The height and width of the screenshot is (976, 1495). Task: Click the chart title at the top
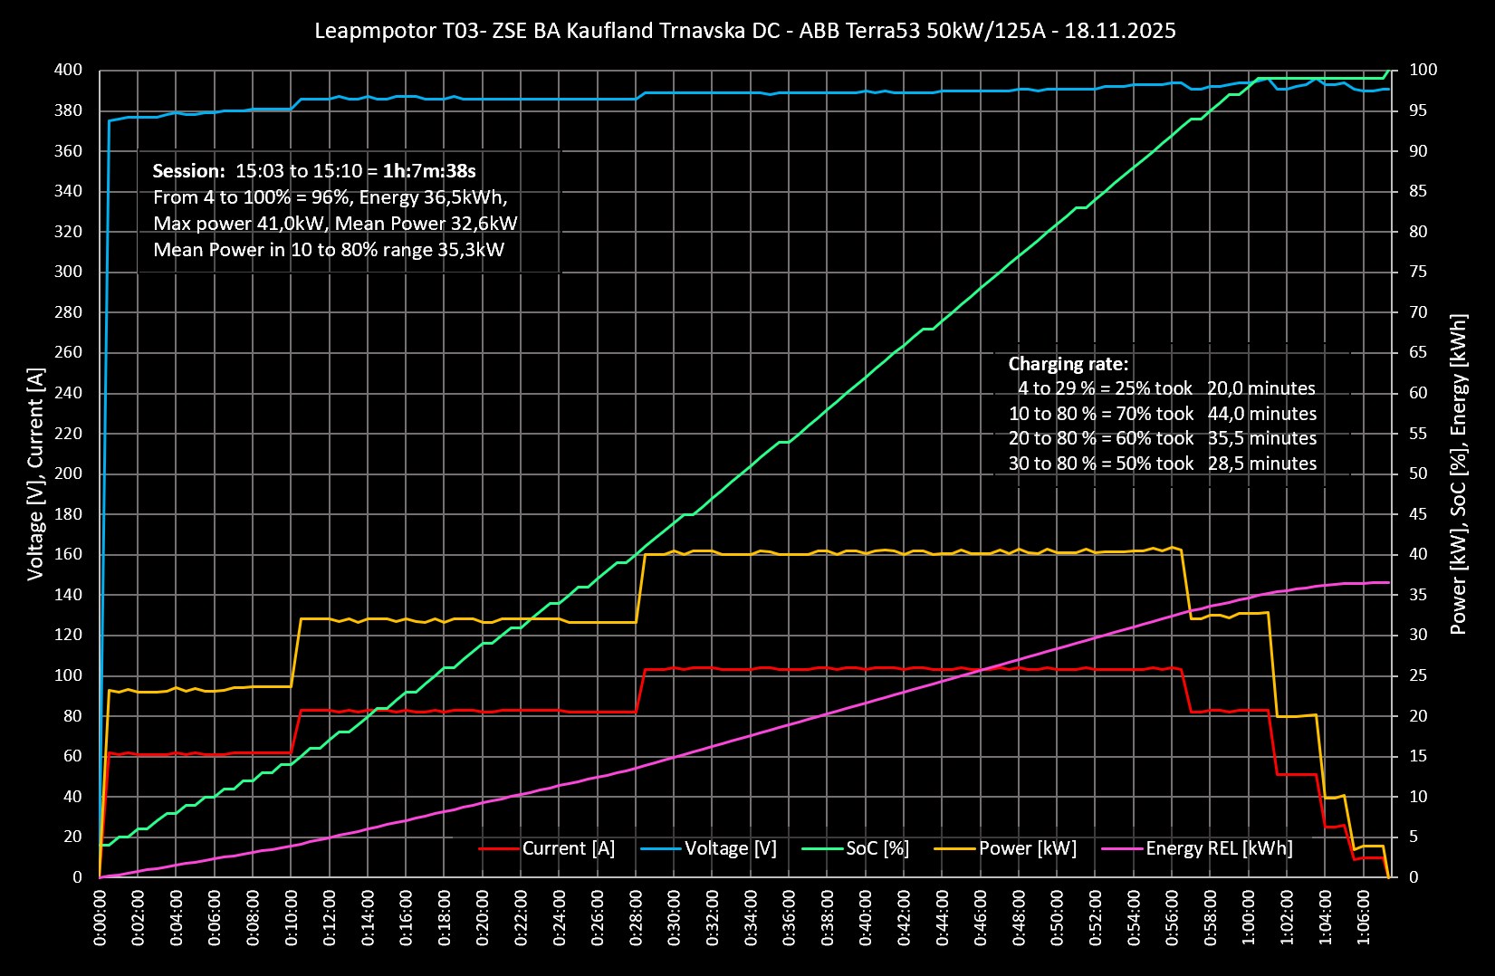(745, 31)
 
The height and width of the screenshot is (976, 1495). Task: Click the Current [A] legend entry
(568, 848)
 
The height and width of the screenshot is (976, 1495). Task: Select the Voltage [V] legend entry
(730, 848)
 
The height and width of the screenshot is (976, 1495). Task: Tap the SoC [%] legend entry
(877, 848)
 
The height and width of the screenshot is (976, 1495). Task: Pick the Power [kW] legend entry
(1027, 848)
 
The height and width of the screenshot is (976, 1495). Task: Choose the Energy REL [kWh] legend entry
(1218, 848)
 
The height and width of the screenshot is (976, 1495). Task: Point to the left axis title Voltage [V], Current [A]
(36, 474)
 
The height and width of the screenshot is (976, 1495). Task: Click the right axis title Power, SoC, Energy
(1458, 474)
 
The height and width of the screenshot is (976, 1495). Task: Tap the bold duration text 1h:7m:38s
(429, 171)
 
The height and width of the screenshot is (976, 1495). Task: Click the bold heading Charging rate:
(1069, 364)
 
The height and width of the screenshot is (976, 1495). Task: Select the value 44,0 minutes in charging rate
(1261, 414)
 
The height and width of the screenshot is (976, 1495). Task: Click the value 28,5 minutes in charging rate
(1261, 464)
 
